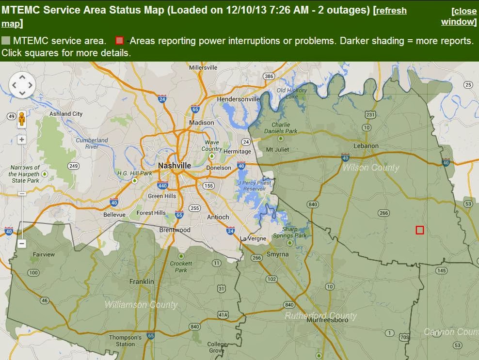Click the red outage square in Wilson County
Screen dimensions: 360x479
click(420, 230)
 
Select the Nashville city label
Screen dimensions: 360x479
click(175, 165)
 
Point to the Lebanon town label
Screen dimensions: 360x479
click(366, 145)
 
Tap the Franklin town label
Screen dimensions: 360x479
click(142, 282)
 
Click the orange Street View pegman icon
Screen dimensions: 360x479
click(22, 119)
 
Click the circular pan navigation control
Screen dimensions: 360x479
click(22, 85)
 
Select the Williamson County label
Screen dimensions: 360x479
click(141, 305)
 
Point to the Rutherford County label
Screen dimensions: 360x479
click(320, 316)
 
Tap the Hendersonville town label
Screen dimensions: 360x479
click(239, 99)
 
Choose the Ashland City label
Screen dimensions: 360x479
click(66, 114)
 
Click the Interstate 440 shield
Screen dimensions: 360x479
click(162, 186)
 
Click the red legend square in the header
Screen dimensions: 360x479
click(119, 41)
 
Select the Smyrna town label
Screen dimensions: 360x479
click(277, 254)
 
